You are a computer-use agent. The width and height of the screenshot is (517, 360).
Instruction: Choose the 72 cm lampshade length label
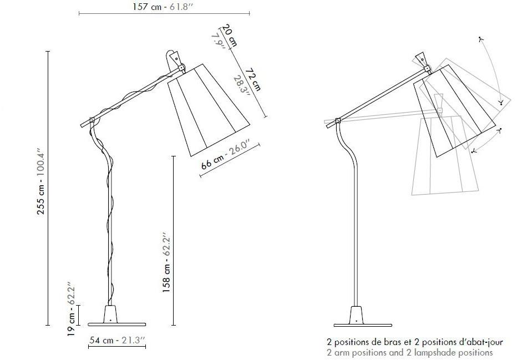point(254,79)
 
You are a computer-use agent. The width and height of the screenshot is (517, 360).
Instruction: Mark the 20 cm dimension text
point(230,35)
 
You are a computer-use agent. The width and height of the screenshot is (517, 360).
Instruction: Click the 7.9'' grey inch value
point(218,42)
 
